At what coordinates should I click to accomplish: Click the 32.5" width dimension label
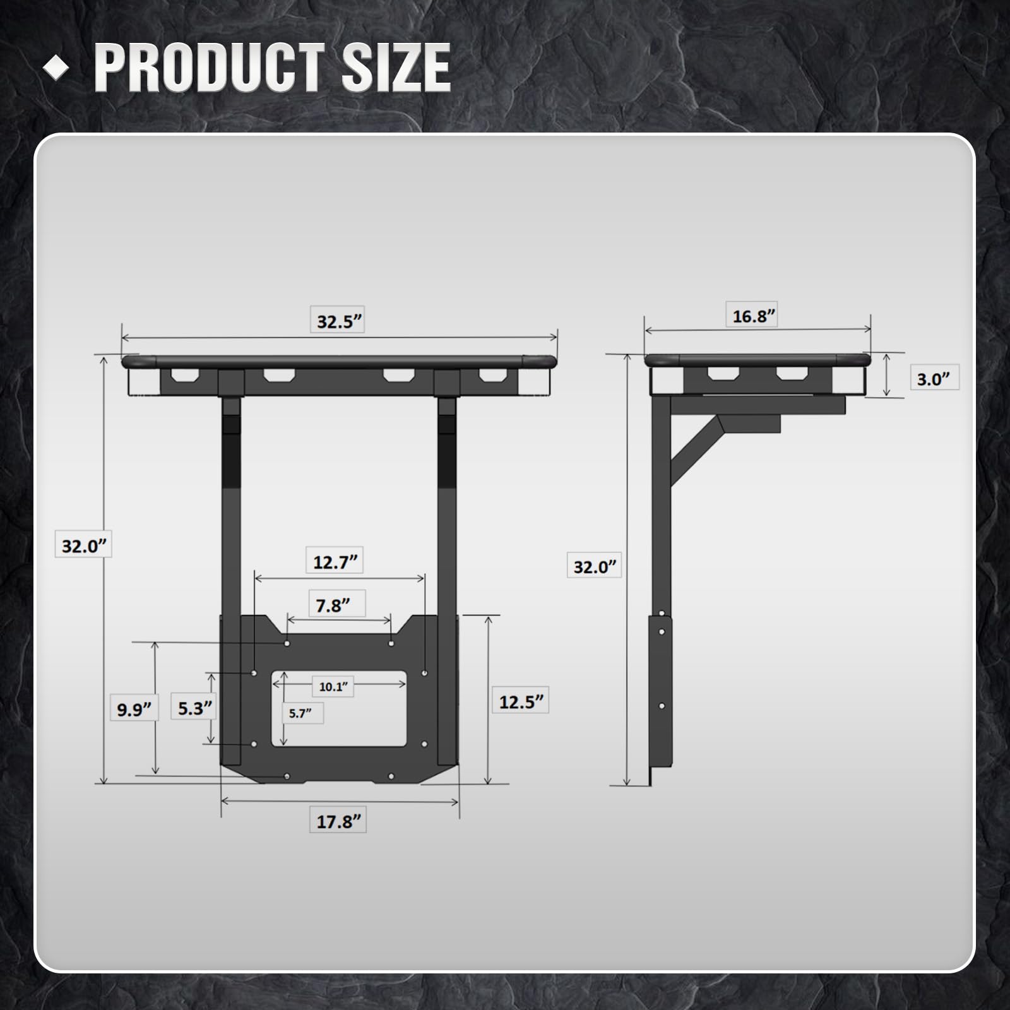(340, 321)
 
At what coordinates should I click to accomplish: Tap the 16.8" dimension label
(754, 316)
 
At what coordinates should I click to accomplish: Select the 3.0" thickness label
(933, 379)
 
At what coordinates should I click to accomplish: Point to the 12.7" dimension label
(335, 561)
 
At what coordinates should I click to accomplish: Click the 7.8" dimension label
(333, 605)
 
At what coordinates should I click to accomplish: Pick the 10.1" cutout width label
(333, 686)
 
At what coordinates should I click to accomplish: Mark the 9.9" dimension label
(134, 710)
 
